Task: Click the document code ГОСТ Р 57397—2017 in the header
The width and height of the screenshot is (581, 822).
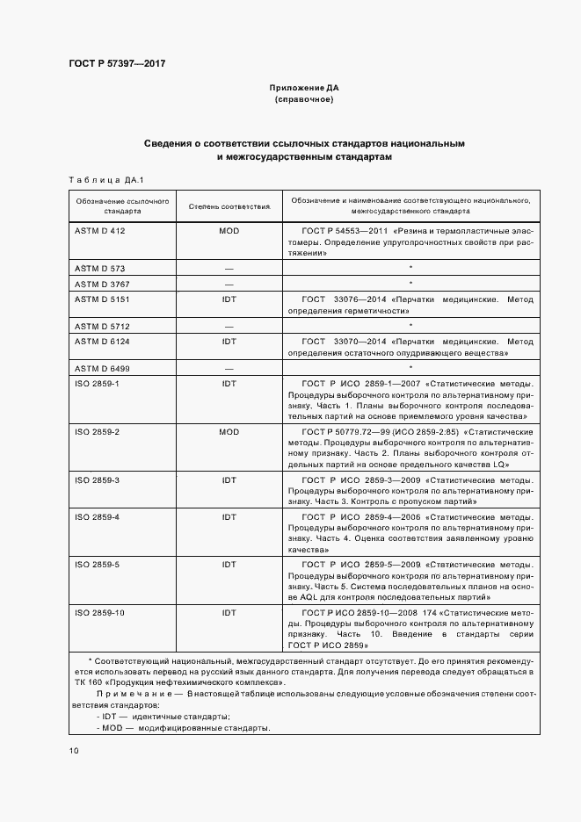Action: point(117,64)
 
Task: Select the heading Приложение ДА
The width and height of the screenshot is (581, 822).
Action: point(304,88)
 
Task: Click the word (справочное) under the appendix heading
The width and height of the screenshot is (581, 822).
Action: point(304,99)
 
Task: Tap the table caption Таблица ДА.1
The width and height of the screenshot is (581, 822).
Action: point(105,179)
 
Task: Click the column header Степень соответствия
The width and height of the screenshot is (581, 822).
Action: point(229,206)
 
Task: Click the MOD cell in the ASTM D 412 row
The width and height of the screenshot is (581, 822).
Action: point(229,230)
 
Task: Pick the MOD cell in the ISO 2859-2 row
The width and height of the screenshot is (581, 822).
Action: point(229,432)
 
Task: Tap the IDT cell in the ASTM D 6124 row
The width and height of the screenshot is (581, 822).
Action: point(229,341)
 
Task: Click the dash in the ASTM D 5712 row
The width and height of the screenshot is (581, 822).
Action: point(229,326)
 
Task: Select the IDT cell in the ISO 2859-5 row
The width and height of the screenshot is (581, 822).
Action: point(229,564)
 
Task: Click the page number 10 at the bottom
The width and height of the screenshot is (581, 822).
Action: point(74,751)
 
